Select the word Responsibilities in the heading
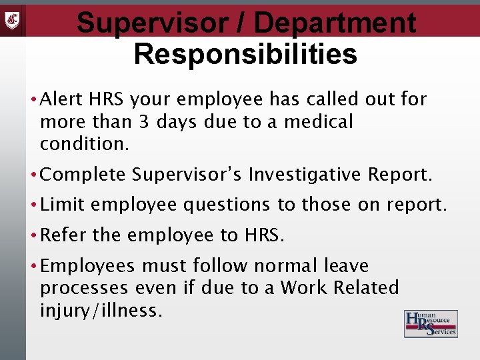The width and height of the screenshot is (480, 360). tap(245, 54)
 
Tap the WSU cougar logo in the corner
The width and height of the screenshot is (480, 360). tap(13, 18)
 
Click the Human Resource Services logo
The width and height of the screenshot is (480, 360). tap(431, 323)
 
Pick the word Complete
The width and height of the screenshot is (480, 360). tap(83, 175)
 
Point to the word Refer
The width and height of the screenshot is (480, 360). tap(63, 235)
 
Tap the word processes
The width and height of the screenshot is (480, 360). tap(84, 288)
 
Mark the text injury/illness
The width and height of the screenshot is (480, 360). tap(101, 310)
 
